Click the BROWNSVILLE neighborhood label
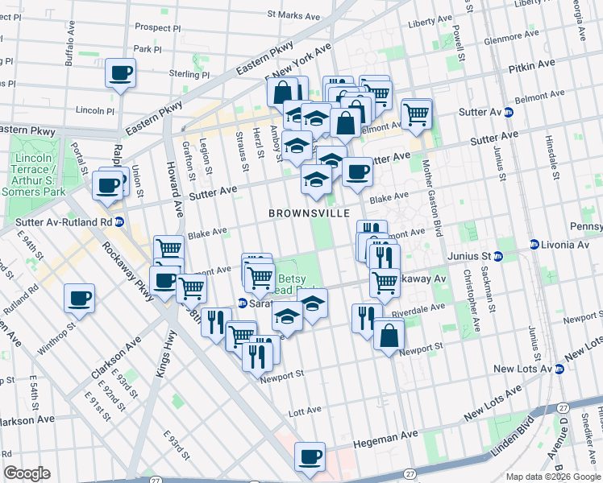[x=310, y=213]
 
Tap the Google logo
[x=27, y=473]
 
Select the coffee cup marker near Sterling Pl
[x=120, y=73]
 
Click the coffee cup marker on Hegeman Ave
[x=310, y=457]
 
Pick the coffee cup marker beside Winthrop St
[x=79, y=298]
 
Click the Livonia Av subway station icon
[x=534, y=245]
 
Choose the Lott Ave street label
[x=305, y=411]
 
